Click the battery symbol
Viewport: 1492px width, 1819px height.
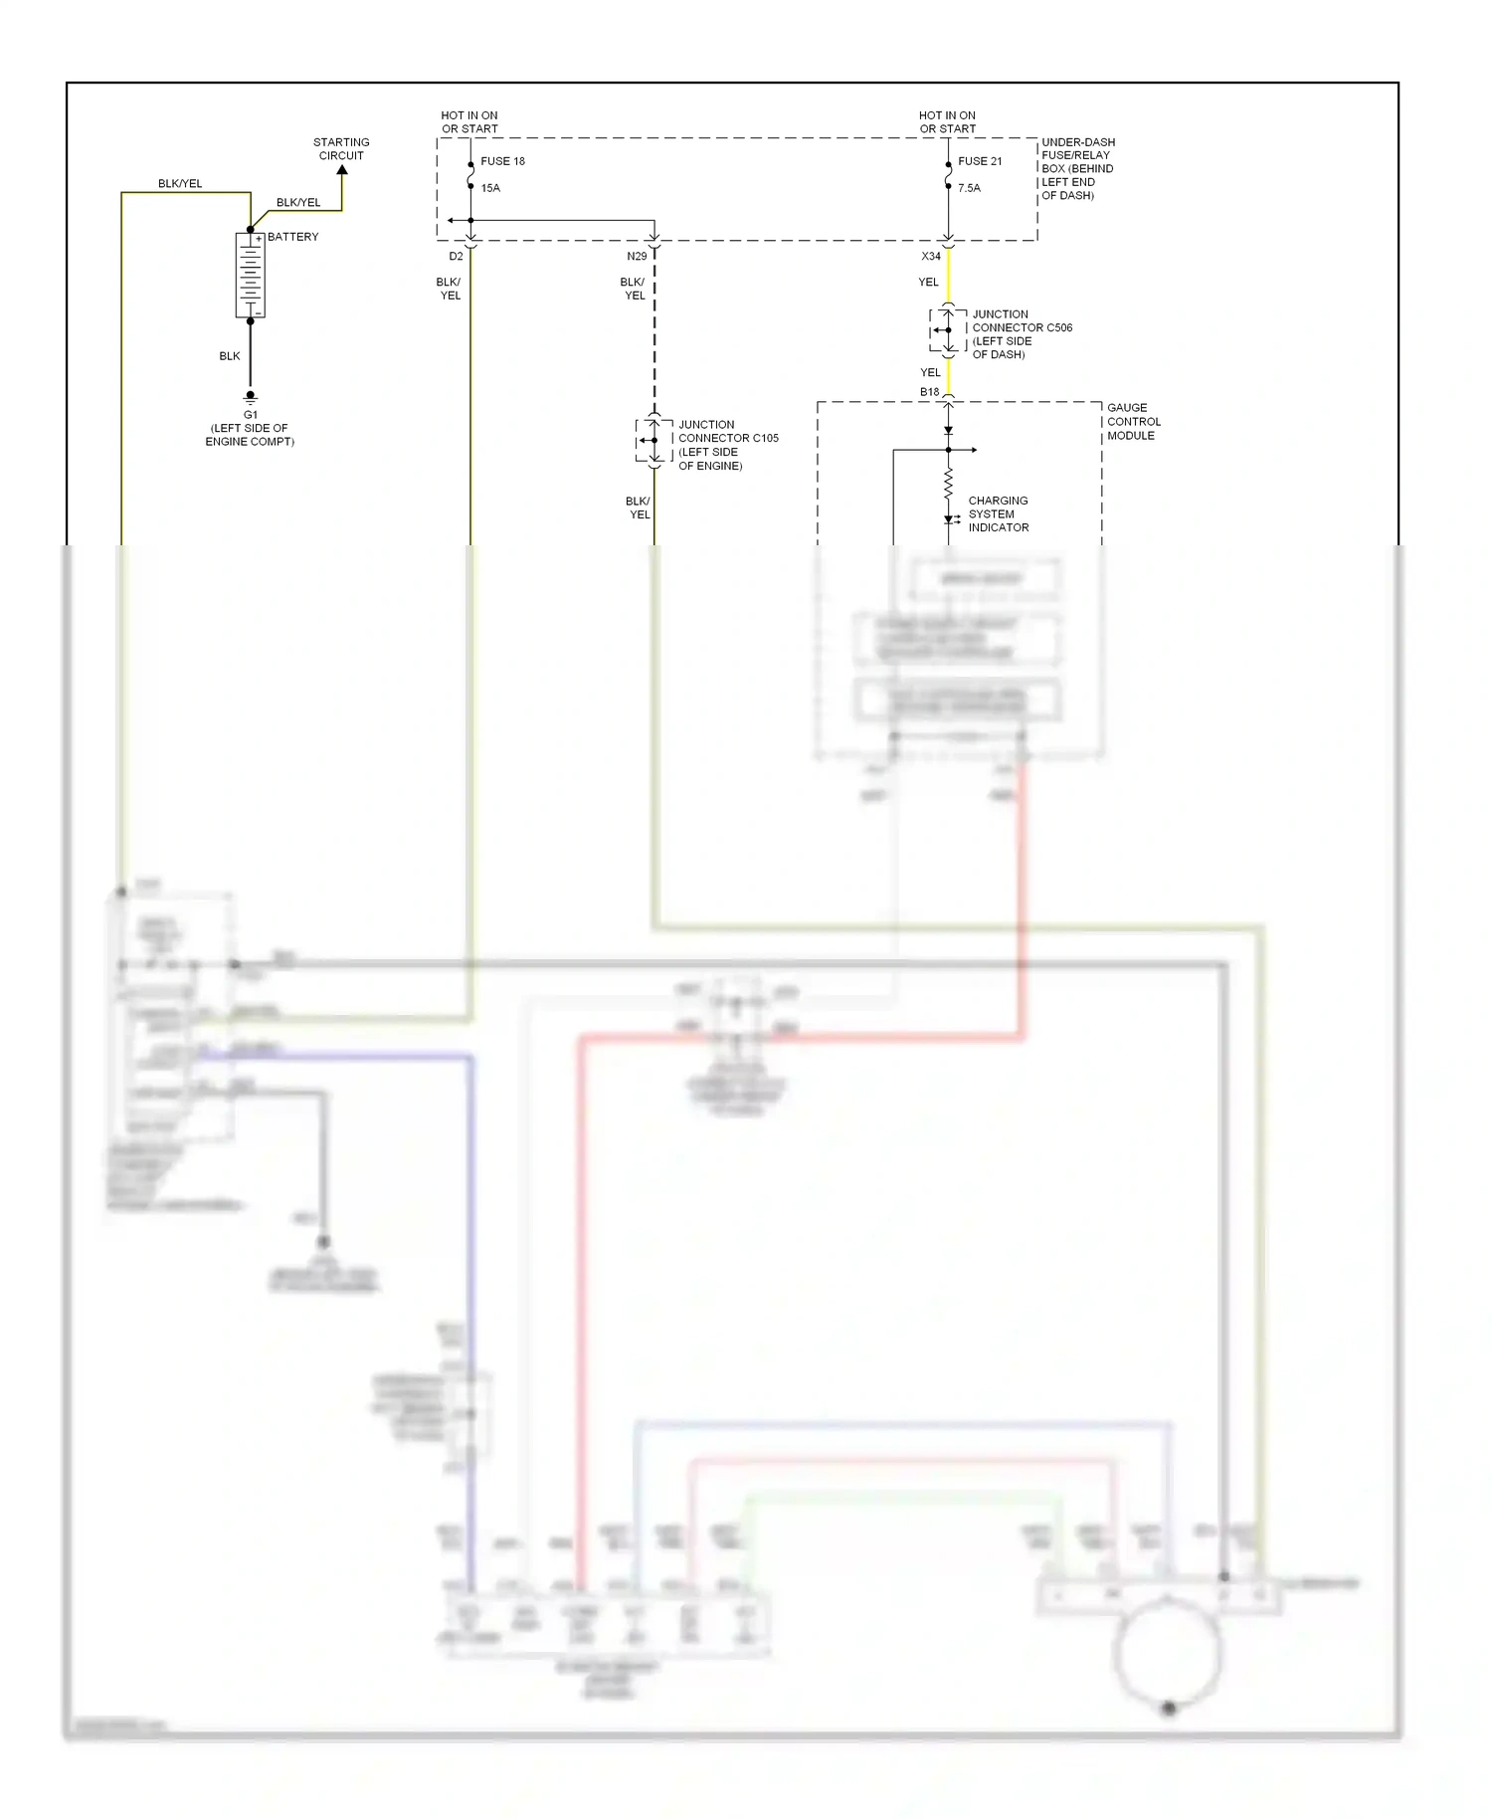coord(250,275)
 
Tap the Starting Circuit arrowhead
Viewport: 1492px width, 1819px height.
coord(342,171)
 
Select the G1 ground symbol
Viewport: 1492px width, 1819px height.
coord(251,397)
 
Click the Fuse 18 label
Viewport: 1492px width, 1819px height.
coord(502,161)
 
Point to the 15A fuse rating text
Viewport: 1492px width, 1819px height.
coord(490,188)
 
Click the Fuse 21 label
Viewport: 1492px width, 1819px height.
coord(980,161)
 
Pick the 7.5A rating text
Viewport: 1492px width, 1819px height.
coord(969,188)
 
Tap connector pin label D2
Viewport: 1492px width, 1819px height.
coord(456,257)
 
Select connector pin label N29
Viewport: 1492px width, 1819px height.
coord(637,257)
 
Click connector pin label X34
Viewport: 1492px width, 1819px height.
coord(931,257)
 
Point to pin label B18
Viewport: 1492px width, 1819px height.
coord(929,392)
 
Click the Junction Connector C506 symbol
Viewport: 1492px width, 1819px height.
coord(948,330)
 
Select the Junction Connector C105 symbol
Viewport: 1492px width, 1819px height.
coord(653,441)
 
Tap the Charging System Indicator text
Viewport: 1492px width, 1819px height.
coord(998,514)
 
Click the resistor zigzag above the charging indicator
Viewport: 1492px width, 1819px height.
coord(948,484)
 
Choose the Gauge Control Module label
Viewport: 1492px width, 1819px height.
coord(1133,422)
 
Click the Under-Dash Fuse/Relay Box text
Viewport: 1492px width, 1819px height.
coord(1077,169)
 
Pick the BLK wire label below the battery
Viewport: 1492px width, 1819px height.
coord(230,356)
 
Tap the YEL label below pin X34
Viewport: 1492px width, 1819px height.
coord(928,283)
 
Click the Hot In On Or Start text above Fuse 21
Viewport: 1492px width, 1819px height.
coord(947,122)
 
